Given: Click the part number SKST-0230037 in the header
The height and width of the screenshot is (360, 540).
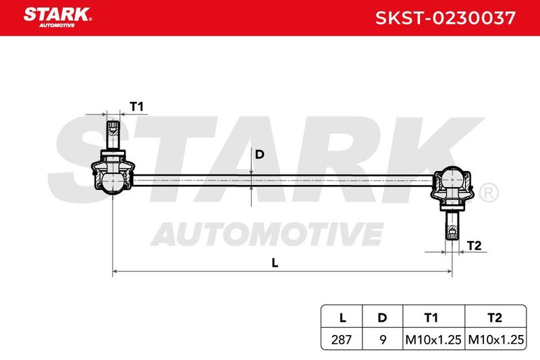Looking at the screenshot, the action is pos(446,18).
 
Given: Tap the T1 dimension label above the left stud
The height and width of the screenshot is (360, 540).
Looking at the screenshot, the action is pos(137,106).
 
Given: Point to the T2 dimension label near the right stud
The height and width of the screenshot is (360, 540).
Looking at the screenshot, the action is pos(474,246).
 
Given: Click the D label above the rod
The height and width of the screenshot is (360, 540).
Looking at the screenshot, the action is pos(259,154).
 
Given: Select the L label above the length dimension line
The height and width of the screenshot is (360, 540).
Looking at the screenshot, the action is pos(275,263).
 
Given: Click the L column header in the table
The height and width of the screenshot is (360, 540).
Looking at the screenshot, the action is pos(342,317).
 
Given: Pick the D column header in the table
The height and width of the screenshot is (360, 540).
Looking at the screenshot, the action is pos(382,317).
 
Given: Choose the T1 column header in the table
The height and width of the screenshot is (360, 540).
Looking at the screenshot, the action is pos(431,317).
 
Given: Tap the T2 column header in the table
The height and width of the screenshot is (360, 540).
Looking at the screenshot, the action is pos(495,317).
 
